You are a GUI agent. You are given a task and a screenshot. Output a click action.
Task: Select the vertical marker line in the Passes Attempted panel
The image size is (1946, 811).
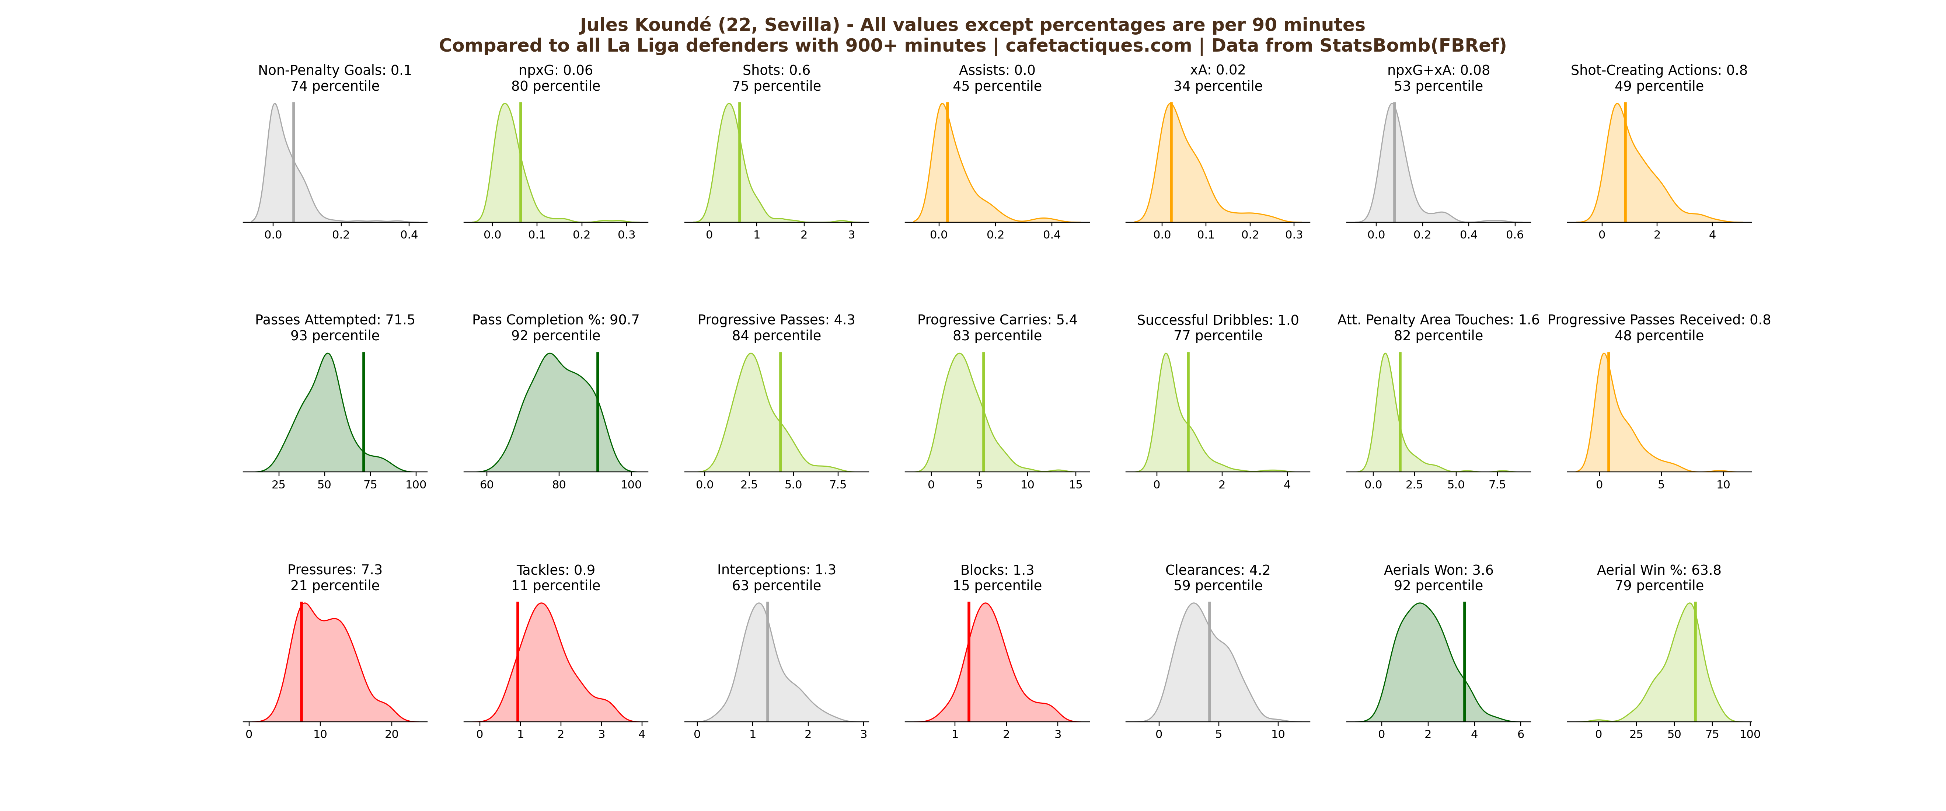(x=363, y=412)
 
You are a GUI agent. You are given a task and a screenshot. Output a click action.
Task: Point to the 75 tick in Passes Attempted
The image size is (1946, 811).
(x=370, y=484)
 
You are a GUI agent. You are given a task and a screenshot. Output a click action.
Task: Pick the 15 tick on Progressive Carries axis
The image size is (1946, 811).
(x=1076, y=484)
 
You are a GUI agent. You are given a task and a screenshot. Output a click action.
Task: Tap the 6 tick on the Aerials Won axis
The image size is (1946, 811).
(x=1521, y=734)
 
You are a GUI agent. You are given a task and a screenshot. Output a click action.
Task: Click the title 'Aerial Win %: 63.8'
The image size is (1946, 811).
(x=1659, y=570)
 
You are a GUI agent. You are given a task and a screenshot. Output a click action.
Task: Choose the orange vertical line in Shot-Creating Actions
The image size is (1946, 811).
(x=1625, y=163)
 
